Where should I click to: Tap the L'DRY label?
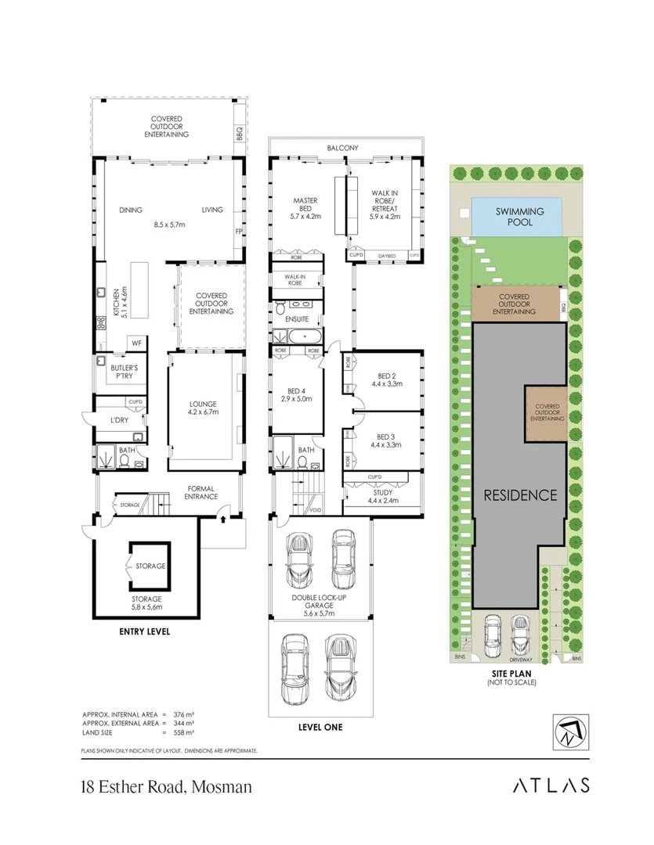[x=119, y=421]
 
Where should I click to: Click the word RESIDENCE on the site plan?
[x=519, y=494]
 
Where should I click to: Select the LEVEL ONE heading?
[x=320, y=727]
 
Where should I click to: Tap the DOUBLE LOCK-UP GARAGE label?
[x=320, y=609]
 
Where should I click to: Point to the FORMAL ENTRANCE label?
[x=199, y=493]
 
